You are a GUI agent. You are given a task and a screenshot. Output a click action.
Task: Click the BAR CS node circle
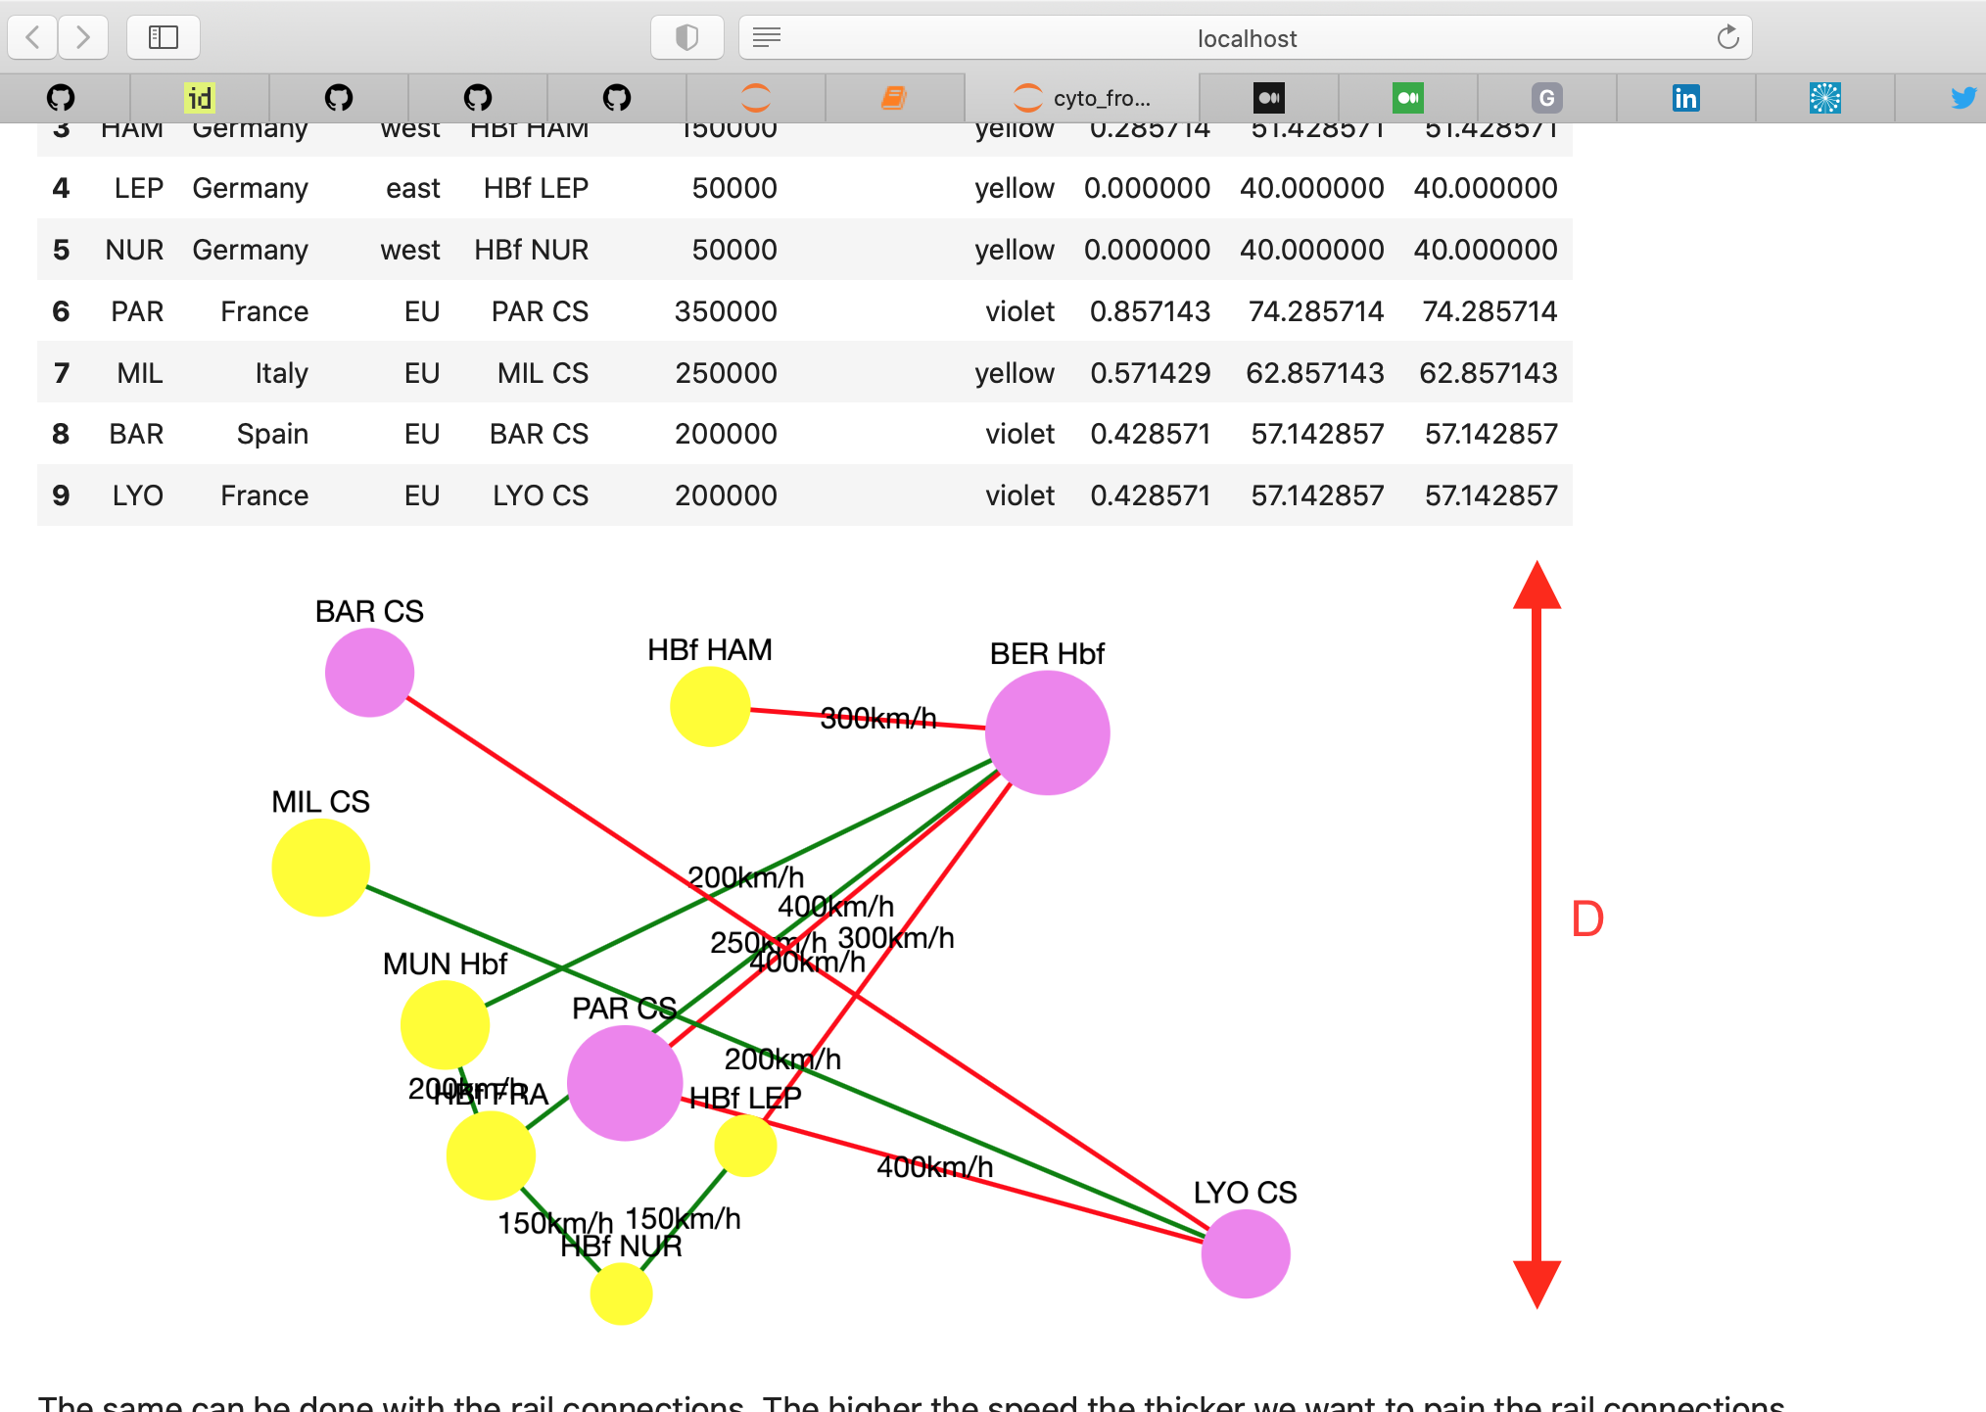click(x=369, y=673)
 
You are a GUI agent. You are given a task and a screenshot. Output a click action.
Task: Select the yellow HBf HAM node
click(x=710, y=706)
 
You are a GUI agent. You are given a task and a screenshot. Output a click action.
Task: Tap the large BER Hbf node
click(x=1047, y=732)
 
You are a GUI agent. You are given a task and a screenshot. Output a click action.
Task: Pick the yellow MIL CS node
click(x=320, y=868)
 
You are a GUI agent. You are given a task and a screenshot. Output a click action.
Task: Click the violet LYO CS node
click(x=1246, y=1253)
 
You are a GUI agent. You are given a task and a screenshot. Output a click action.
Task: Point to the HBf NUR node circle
click(x=621, y=1294)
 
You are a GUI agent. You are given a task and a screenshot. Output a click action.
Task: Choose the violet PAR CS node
click(x=625, y=1083)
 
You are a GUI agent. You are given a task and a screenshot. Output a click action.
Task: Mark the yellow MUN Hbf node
click(x=445, y=1024)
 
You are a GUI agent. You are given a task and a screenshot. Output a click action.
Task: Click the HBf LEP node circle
click(x=745, y=1146)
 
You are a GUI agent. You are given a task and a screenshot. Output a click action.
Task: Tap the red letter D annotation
click(x=1587, y=918)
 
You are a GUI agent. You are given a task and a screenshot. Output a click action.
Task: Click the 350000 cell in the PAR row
click(x=726, y=311)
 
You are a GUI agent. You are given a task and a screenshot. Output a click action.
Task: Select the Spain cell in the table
click(x=272, y=434)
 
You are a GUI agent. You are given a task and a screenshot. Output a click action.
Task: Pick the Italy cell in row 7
click(x=281, y=373)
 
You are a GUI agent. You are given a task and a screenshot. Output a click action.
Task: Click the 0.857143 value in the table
click(x=1150, y=311)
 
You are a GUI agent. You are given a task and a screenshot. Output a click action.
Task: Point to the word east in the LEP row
click(x=412, y=188)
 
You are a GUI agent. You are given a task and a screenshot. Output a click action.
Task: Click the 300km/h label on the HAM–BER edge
click(x=878, y=719)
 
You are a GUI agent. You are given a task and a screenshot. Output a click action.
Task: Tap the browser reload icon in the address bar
click(x=1728, y=37)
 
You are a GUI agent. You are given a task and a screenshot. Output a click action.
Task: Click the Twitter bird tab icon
click(x=1963, y=98)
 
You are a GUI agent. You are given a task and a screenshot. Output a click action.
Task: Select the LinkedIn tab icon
click(x=1685, y=98)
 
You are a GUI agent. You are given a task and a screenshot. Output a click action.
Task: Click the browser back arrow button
click(x=33, y=37)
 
